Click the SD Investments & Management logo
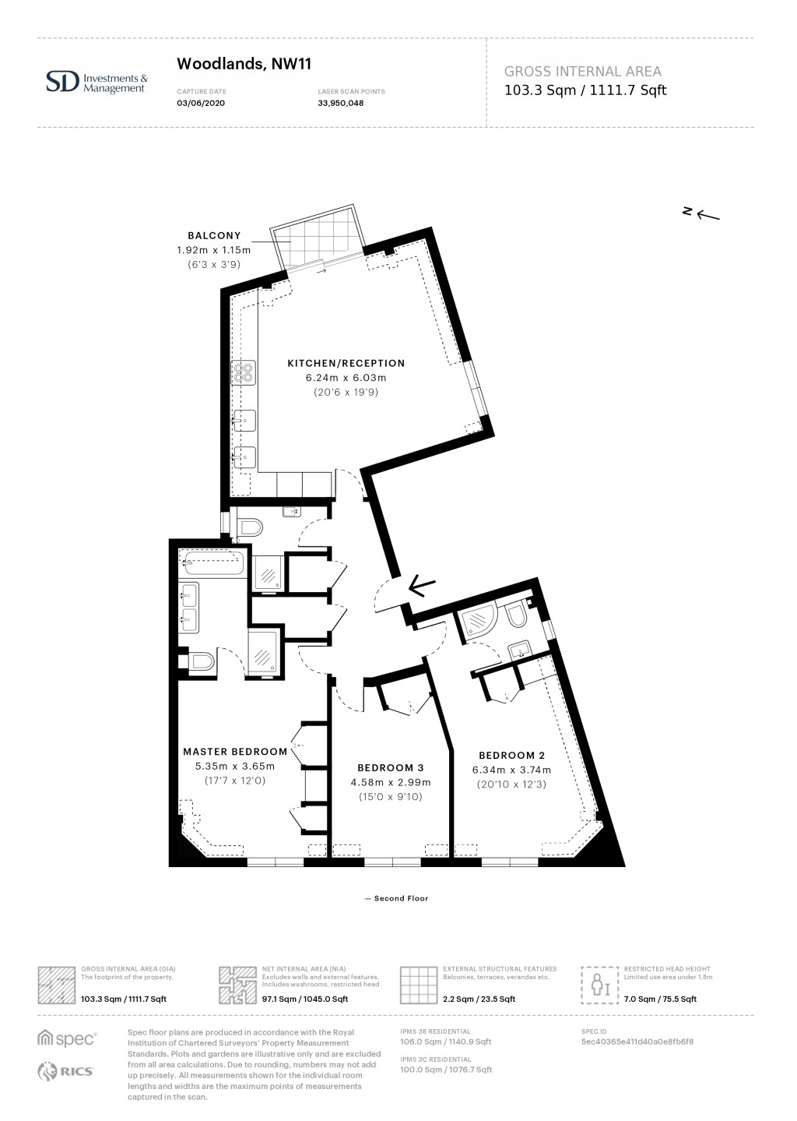pos(97,82)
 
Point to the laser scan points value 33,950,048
pos(341,103)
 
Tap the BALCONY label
pos(214,235)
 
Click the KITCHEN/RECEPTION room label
pos(346,363)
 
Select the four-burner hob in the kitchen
pos(244,372)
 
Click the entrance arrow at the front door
pos(421,585)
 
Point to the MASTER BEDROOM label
pos(235,752)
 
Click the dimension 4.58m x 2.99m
pos(390,782)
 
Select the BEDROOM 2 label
pos(511,755)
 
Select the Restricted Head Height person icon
pos(600,986)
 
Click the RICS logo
pos(66,1071)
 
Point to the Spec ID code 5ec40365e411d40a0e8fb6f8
pos(637,1042)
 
